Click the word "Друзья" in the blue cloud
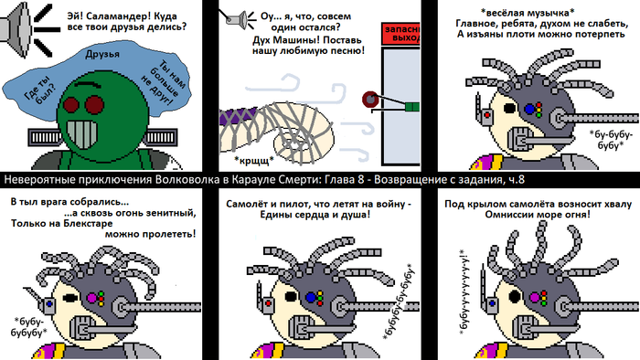click(102, 54)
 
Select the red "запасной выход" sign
click(400, 34)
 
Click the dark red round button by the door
click(370, 100)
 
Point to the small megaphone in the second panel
click(239, 19)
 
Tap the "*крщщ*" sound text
click(254, 161)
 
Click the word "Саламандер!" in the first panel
click(121, 16)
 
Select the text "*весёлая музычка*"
click(528, 12)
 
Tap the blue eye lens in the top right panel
click(529, 109)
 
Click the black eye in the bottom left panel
click(70, 298)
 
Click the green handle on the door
click(411, 107)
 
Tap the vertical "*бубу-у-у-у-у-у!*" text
click(464, 292)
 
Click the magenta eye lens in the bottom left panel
click(92, 298)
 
